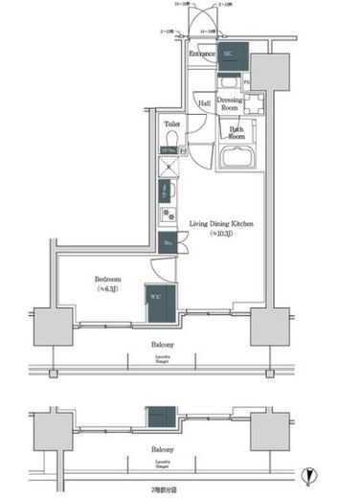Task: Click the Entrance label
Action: click(202, 55)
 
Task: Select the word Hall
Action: click(203, 103)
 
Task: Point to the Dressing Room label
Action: click(230, 103)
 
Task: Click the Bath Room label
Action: click(235, 132)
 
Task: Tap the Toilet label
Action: click(172, 124)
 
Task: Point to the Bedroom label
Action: click(106, 280)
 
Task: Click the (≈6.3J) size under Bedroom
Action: click(106, 290)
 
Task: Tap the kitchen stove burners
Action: click(167, 215)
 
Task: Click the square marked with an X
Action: click(169, 167)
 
